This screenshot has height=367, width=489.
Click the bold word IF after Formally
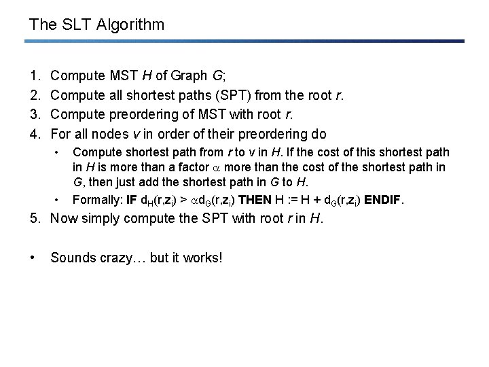tap(133, 200)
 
